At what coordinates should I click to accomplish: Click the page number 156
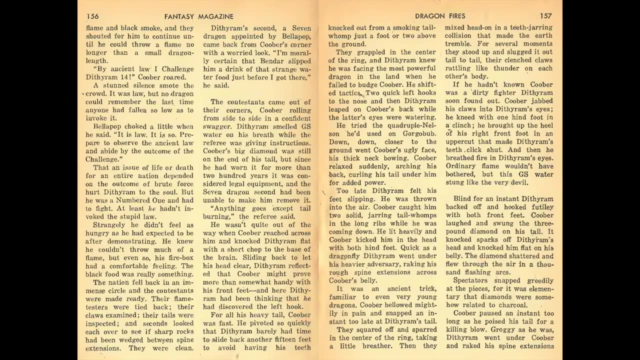(92, 16)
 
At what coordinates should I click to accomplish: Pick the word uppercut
(460, 141)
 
